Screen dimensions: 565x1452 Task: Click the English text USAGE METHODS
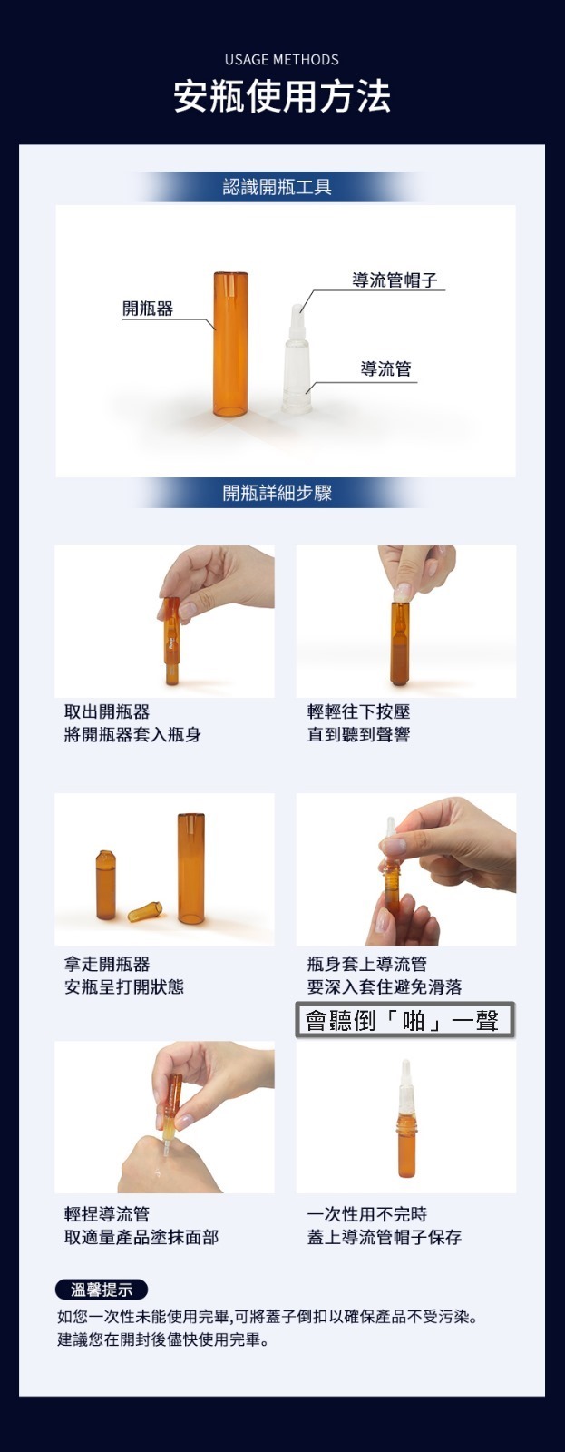point(282,60)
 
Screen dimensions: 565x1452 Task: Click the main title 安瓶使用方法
point(282,97)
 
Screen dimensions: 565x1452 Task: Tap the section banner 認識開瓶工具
point(278,187)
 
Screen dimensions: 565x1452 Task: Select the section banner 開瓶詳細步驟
point(278,494)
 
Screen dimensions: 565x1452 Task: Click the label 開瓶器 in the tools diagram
point(149,309)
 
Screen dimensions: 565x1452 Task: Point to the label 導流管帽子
point(395,280)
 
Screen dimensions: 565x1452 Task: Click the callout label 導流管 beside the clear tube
point(386,368)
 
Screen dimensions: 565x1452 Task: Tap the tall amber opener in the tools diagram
point(230,344)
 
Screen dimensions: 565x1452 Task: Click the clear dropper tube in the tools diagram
point(297,358)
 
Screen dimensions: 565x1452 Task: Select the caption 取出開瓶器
point(107,711)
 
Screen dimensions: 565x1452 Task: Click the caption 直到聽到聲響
point(358,734)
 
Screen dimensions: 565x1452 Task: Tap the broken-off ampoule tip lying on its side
point(145,911)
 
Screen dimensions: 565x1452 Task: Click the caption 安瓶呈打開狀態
point(123,986)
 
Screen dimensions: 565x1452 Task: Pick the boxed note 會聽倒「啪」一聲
point(405,1020)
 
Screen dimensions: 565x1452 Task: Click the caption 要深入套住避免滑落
point(385,986)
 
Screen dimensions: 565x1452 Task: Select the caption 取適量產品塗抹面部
point(141,1237)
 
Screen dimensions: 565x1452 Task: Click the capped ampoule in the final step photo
point(406,1118)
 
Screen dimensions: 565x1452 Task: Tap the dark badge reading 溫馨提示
point(102,1290)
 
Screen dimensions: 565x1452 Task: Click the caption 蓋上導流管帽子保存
point(385,1237)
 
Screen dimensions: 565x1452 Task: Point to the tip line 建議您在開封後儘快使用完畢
point(162,1339)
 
